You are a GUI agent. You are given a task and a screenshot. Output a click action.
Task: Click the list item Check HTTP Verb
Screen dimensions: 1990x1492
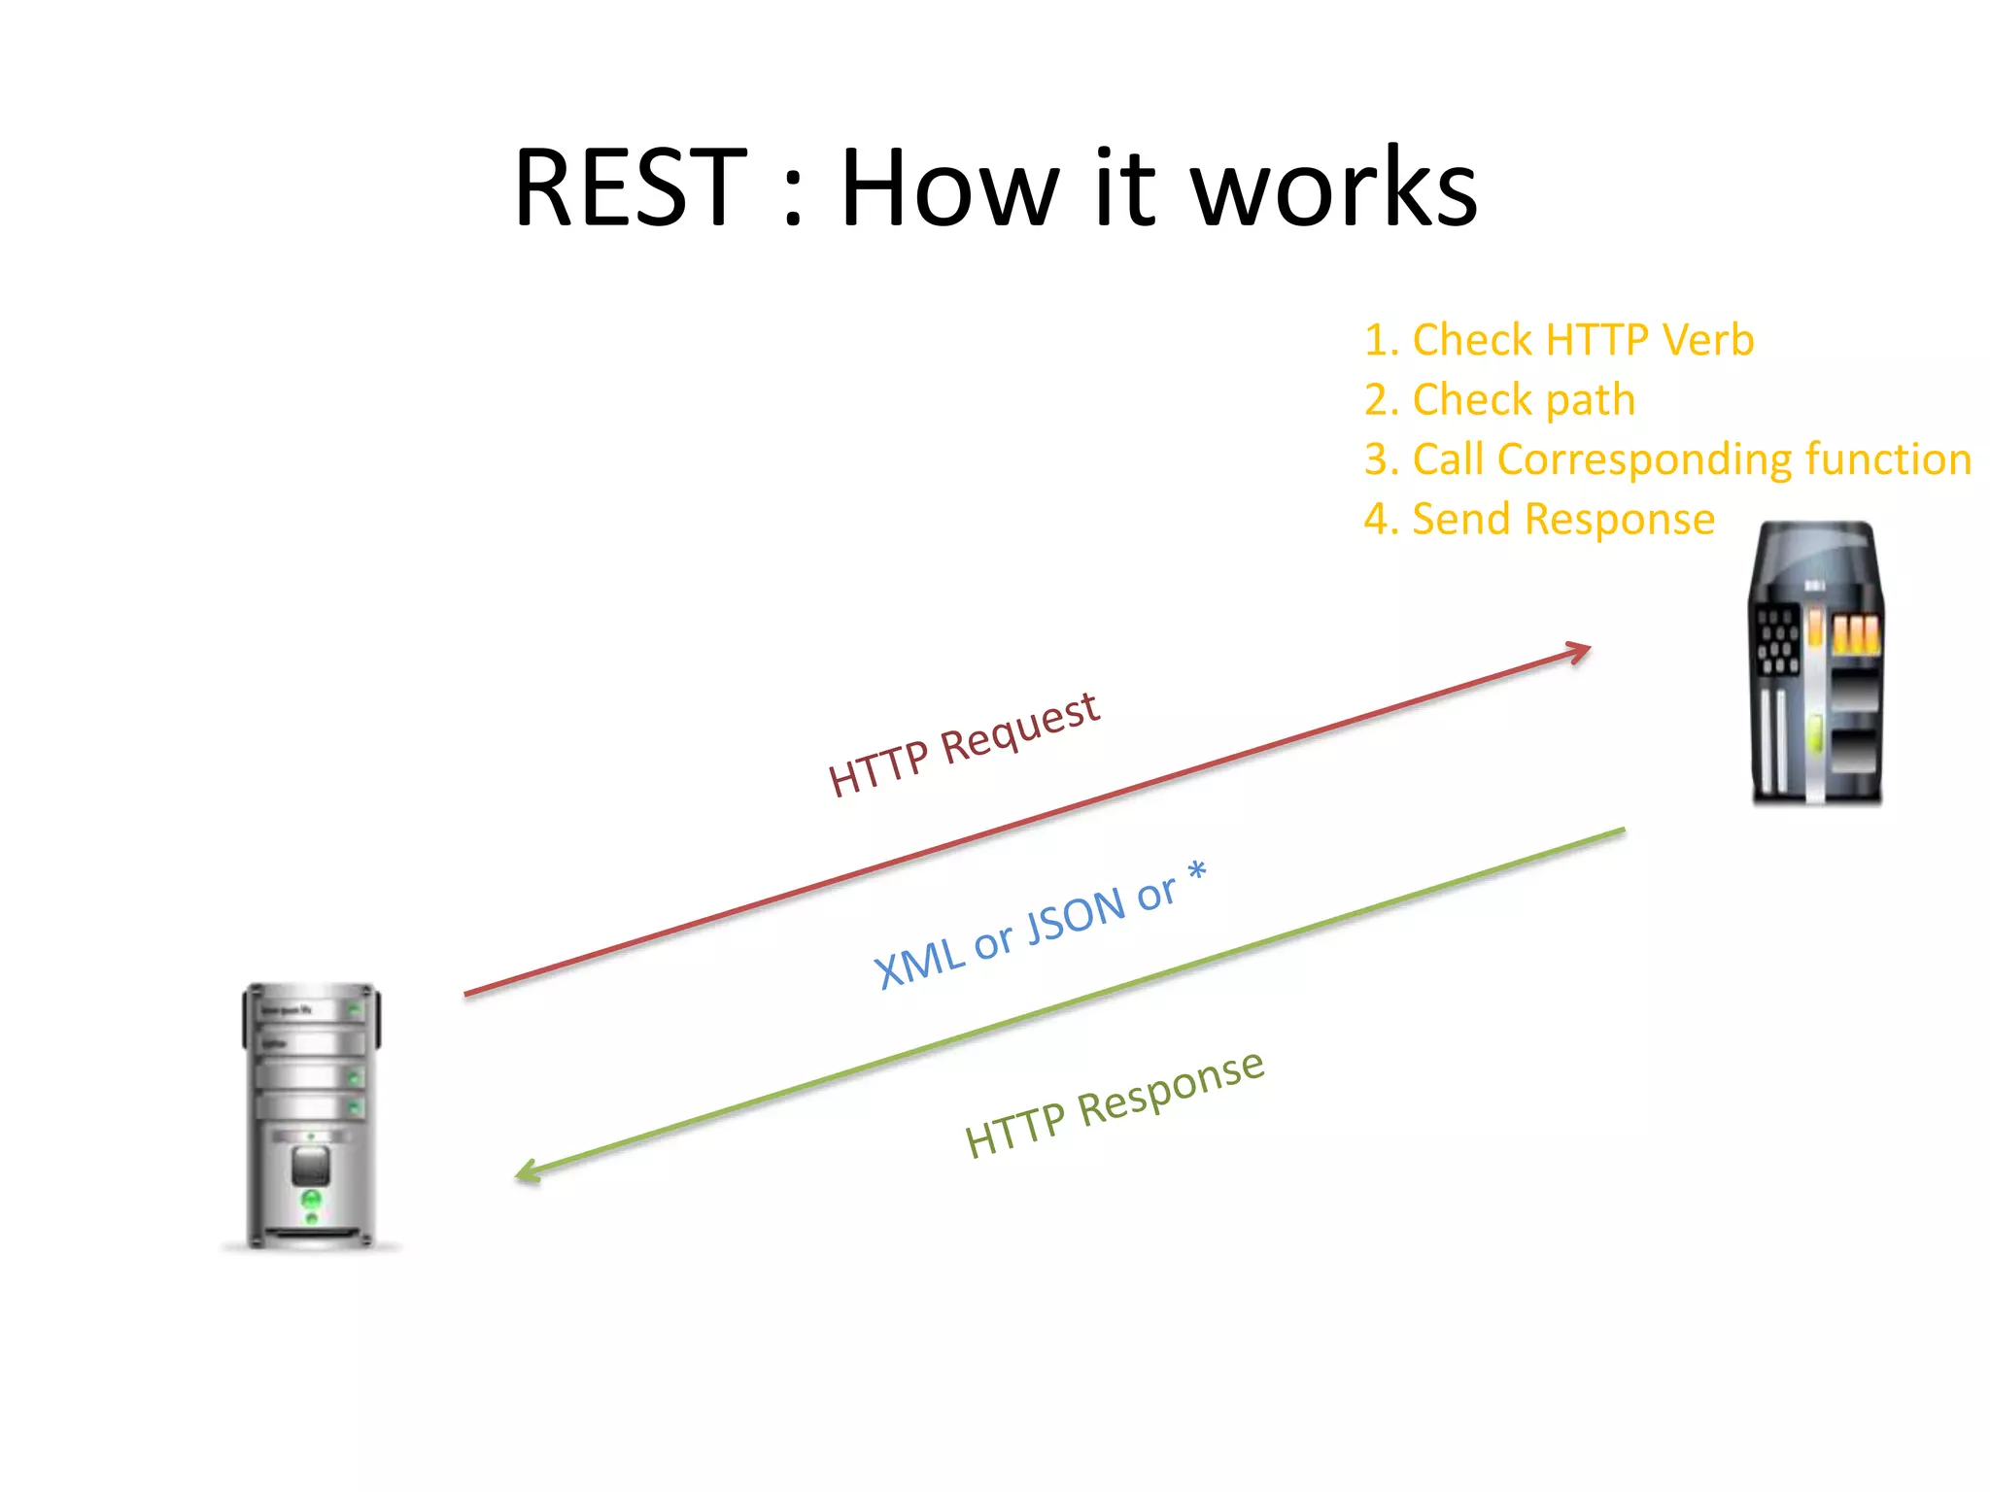click(1559, 340)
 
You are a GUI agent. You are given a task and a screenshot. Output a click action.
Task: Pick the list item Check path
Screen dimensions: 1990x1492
click(1499, 400)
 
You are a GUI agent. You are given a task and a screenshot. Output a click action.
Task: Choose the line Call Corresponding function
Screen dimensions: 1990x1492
click(1667, 459)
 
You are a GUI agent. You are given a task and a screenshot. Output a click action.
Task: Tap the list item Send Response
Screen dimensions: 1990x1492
click(1539, 520)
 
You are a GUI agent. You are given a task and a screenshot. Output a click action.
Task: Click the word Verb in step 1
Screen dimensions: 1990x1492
click(1707, 340)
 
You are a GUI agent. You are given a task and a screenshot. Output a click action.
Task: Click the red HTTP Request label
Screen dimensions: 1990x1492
click(963, 744)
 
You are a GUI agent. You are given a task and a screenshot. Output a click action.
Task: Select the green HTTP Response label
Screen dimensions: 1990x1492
click(1115, 1104)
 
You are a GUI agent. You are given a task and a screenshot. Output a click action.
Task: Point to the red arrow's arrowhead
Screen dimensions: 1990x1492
click(1579, 652)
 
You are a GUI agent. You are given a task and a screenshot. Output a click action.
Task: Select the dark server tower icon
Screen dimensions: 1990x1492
click(1816, 664)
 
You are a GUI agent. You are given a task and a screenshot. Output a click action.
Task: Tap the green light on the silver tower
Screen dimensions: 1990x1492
click(311, 1201)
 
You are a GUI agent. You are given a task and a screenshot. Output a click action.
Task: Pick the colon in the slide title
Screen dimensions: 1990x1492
click(793, 199)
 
